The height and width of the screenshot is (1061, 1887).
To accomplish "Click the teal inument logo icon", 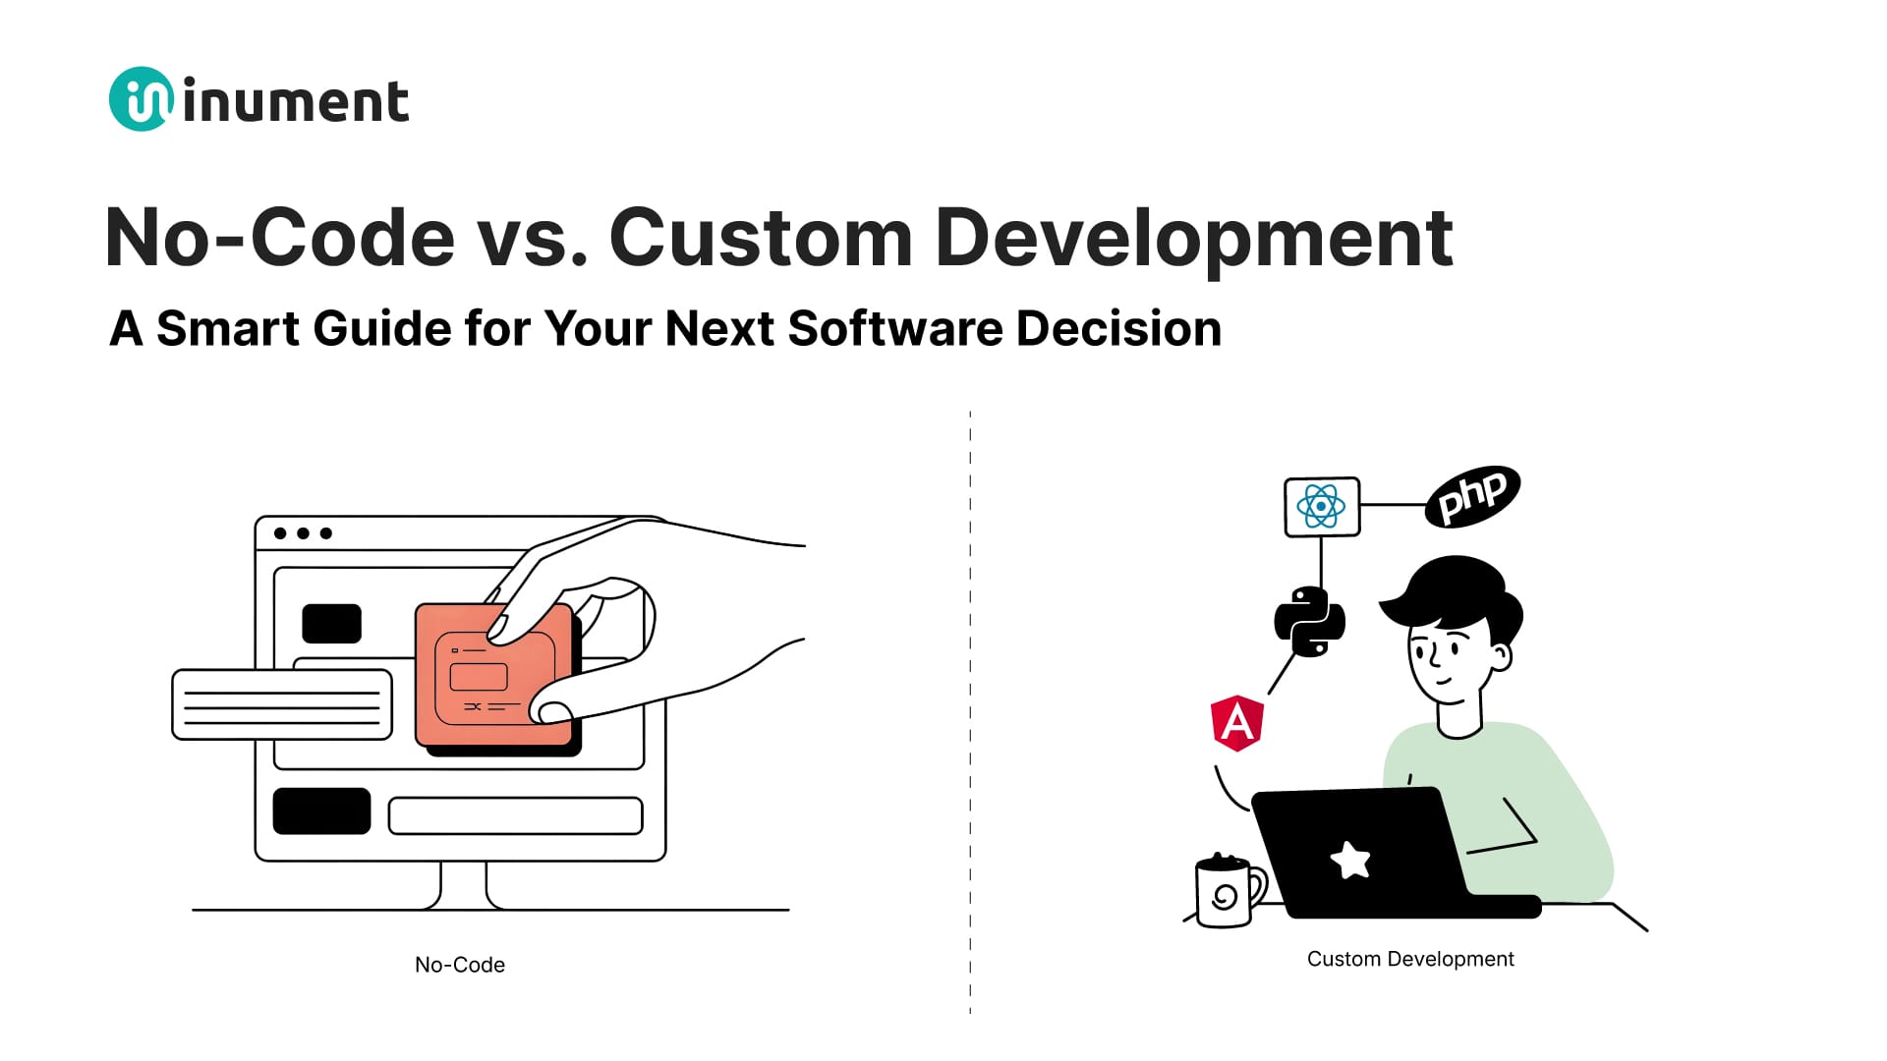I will click(141, 99).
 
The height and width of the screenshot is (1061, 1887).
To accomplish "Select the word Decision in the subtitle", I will click(1118, 328).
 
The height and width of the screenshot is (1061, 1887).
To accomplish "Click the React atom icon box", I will click(1322, 507).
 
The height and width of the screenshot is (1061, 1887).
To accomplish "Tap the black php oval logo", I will click(1472, 496).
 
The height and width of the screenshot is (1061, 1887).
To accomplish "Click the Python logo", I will click(1309, 621).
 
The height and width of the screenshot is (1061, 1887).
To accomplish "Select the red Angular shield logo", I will click(1236, 724).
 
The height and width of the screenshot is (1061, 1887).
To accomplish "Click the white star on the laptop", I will click(1350, 861).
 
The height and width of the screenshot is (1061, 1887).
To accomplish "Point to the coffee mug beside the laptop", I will click(1225, 892).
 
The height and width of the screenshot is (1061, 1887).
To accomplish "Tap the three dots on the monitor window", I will click(303, 533).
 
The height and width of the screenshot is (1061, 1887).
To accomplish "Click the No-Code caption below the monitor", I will click(460, 965).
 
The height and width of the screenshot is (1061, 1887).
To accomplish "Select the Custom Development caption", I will click(1409, 959).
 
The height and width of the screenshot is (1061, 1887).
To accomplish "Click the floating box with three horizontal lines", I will click(282, 705).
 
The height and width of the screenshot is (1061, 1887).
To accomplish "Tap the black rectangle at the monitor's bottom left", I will click(321, 811).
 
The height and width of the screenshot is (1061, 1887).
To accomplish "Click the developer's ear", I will click(1500, 656).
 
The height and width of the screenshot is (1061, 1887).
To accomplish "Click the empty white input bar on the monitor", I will click(515, 816).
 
